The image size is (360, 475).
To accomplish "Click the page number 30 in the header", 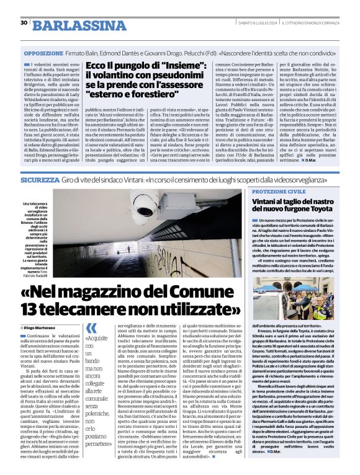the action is (x=24, y=23).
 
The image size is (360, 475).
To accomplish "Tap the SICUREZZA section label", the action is (x=39, y=179).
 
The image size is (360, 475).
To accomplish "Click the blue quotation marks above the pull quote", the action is (x=91, y=328).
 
